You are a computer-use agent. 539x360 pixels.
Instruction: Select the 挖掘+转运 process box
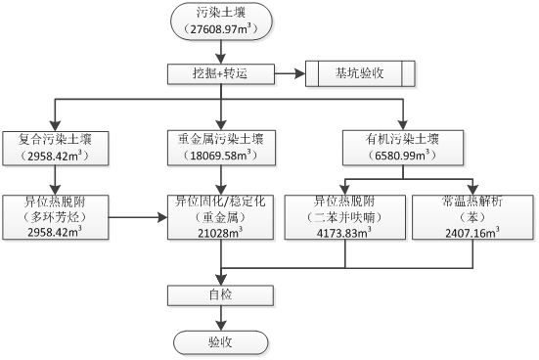(221, 73)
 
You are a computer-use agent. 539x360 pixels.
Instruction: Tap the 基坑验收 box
(360, 73)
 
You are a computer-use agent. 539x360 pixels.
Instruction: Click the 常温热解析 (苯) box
(472, 216)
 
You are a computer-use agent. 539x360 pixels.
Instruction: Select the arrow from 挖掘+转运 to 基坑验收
(290, 73)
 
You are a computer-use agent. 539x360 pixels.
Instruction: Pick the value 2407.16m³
(472, 232)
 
